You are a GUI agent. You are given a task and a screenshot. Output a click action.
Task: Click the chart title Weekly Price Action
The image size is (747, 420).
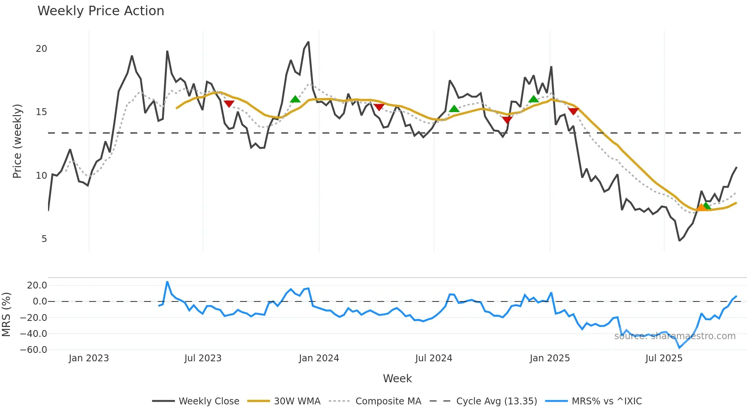(x=101, y=11)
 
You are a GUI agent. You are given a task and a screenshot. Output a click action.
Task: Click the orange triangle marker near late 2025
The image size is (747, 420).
(x=701, y=207)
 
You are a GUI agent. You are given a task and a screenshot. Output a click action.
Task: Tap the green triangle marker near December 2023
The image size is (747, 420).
(x=295, y=99)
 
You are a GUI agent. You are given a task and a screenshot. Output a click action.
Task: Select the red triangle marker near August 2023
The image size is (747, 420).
(x=229, y=104)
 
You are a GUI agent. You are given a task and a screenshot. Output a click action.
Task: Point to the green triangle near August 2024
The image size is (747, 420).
(x=454, y=109)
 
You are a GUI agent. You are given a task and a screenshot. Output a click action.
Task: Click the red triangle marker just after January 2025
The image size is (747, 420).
(x=573, y=111)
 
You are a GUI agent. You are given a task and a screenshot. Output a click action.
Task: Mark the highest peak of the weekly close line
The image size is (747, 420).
(x=308, y=42)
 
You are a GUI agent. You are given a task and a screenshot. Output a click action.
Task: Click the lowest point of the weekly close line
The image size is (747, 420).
(x=679, y=240)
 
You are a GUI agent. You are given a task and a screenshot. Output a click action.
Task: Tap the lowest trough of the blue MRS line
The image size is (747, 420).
(x=679, y=348)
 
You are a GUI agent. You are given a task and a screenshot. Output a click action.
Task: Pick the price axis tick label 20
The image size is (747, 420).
(x=41, y=49)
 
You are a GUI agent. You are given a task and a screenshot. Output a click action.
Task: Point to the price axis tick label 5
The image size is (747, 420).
(x=44, y=239)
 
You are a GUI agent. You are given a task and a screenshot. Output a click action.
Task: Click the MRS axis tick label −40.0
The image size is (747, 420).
(x=33, y=334)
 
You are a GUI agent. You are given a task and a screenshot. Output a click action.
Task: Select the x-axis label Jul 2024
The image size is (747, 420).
(x=433, y=358)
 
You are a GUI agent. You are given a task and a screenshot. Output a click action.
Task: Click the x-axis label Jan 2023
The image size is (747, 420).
(x=89, y=358)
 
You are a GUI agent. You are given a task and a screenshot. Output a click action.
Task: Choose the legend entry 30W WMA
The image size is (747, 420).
(x=297, y=401)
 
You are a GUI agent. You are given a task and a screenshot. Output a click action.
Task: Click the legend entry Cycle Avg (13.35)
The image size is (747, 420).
(x=496, y=401)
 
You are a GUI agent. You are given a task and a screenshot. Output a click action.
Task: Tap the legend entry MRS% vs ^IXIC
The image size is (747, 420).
(x=606, y=401)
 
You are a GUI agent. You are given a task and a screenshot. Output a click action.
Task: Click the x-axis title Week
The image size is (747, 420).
(x=397, y=378)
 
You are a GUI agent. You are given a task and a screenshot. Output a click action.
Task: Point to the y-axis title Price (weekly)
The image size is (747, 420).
(x=17, y=141)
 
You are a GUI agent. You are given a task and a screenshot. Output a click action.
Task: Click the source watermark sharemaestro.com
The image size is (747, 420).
(x=675, y=336)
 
